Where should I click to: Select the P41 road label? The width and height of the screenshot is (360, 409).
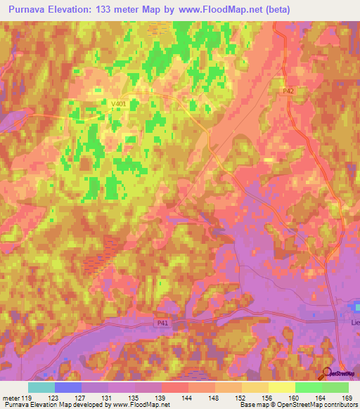click(x=162, y=322)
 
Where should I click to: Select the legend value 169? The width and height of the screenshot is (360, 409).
click(x=347, y=398)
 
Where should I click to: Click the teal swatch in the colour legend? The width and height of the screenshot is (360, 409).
click(x=41, y=387)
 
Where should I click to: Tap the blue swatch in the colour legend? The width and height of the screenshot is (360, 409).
click(x=68, y=387)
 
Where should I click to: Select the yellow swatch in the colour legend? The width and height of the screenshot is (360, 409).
click(x=282, y=387)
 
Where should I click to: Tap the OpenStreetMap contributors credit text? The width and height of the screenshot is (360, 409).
click(x=315, y=405)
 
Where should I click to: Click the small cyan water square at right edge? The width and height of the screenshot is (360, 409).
click(x=357, y=306)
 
